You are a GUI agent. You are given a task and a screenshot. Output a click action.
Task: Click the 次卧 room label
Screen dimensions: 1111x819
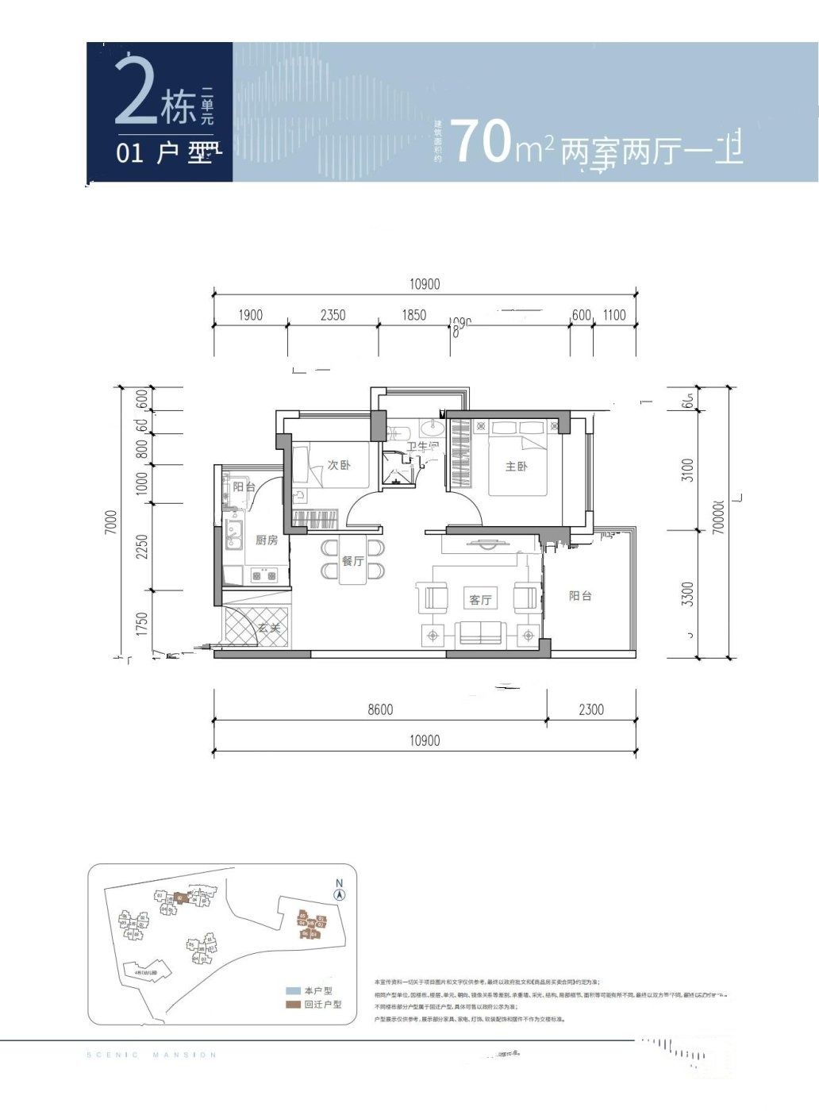tap(339, 465)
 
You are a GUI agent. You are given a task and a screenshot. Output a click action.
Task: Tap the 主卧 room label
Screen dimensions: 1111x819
tap(517, 466)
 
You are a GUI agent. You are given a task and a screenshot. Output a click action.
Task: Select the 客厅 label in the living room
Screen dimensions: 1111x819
tap(480, 599)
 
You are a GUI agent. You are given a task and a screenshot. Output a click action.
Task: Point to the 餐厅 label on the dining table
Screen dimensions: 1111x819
tap(352, 561)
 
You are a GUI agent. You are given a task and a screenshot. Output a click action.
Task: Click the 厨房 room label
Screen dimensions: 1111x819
tap(267, 540)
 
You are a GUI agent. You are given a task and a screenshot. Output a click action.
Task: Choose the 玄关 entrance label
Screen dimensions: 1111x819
tap(268, 628)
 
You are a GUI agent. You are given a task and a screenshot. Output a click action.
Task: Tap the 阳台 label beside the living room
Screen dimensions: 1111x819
tap(580, 596)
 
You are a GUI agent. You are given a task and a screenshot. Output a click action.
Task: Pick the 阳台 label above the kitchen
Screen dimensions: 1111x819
tap(244, 486)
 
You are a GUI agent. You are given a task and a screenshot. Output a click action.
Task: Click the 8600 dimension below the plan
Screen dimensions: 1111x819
tap(380, 709)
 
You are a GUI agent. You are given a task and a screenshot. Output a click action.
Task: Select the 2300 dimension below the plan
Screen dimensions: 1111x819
tap(590, 709)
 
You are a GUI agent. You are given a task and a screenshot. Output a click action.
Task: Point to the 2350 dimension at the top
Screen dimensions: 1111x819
tap(333, 315)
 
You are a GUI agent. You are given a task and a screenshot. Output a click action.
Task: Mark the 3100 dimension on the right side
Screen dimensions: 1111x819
tap(687, 471)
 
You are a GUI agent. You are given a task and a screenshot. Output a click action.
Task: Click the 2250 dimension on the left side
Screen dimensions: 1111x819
tap(142, 546)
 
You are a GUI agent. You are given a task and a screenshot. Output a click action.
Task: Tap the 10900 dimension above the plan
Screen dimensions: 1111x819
tap(425, 284)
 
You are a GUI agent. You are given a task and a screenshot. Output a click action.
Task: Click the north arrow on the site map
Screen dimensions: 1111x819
tap(339, 892)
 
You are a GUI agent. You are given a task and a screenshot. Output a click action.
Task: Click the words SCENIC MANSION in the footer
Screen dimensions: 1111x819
tap(151, 1055)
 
